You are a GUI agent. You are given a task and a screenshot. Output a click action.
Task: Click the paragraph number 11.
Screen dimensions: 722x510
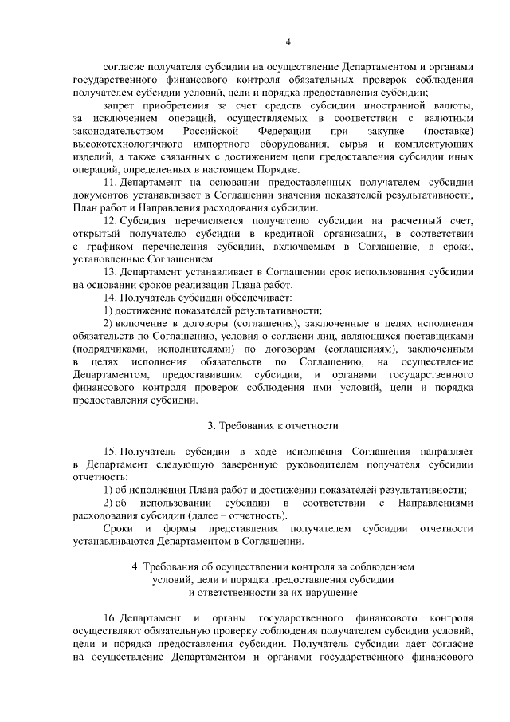click(112, 183)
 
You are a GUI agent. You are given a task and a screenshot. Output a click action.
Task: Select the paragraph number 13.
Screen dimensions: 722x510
click(112, 271)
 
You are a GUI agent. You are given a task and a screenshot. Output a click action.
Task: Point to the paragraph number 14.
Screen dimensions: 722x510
click(112, 297)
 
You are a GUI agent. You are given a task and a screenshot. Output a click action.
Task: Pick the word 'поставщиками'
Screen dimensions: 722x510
click(442, 335)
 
